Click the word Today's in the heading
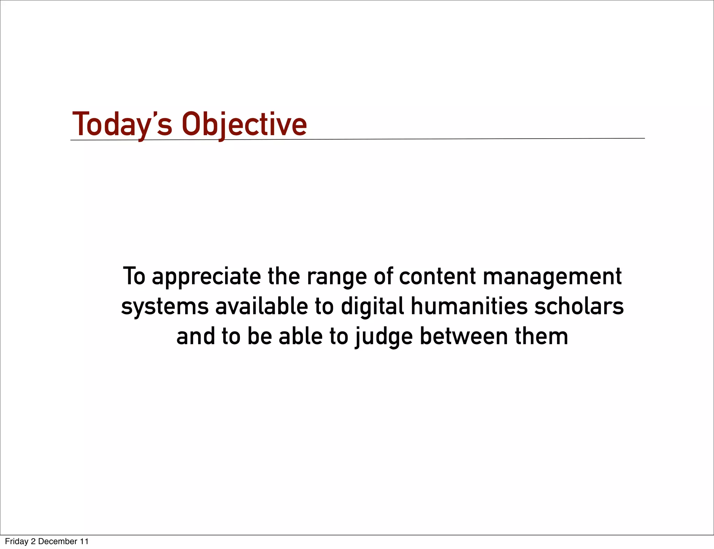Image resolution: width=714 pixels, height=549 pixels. (122, 124)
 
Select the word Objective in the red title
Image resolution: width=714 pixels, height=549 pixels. (244, 124)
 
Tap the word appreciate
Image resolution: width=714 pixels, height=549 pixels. (206, 277)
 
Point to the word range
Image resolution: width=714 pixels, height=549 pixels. (337, 277)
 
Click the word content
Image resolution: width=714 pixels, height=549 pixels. (438, 277)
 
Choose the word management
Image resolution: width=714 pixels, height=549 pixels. (552, 277)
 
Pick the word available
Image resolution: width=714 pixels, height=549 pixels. (261, 307)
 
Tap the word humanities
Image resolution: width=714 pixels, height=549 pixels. (469, 307)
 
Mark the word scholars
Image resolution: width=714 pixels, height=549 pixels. (579, 307)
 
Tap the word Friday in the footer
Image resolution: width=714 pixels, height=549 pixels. (16, 541)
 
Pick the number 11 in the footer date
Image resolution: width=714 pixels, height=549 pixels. (84, 541)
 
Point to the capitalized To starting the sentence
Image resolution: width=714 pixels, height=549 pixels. (134, 277)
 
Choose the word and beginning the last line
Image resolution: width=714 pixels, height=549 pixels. (196, 337)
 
